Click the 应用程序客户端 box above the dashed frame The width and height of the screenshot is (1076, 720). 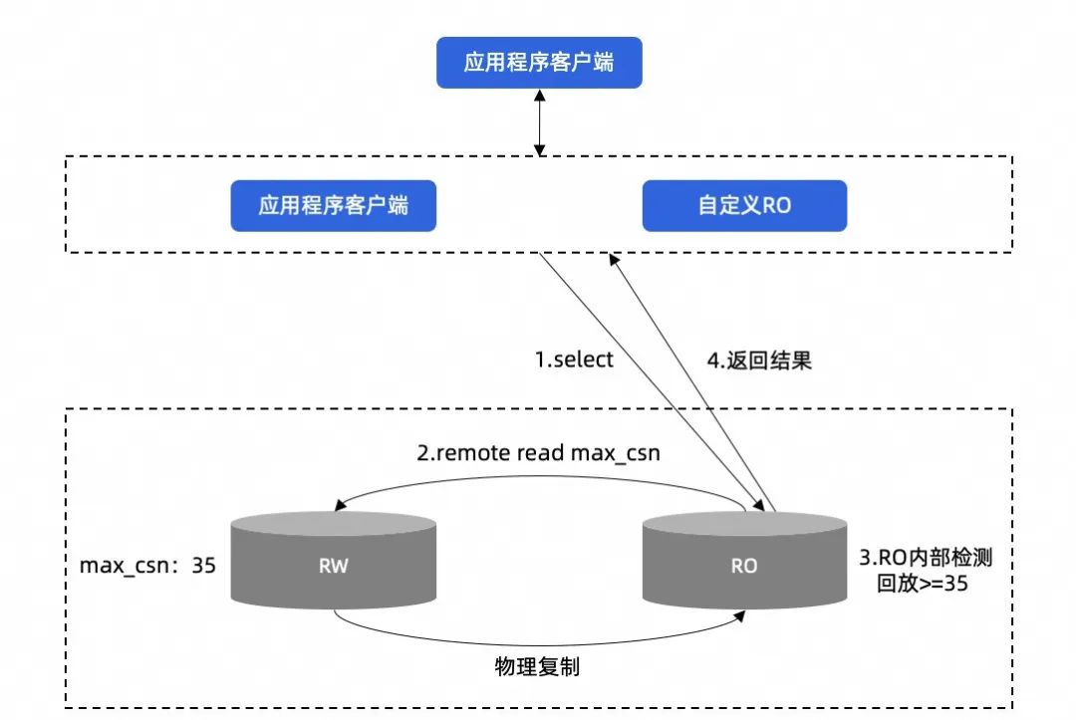pos(539,64)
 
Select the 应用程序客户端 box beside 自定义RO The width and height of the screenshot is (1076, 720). pos(334,205)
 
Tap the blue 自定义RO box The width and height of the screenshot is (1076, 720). pos(744,205)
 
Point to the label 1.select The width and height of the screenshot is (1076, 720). pos(575,360)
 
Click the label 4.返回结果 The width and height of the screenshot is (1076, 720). pos(759,360)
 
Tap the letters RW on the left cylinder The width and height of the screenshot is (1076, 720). pos(333,566)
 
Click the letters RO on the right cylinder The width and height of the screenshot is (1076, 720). pos(744,566)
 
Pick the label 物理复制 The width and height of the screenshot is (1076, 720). pos(537,666)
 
